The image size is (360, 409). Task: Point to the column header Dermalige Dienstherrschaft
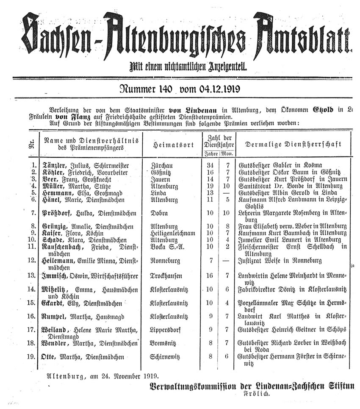293,144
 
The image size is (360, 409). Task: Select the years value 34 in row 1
210,165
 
